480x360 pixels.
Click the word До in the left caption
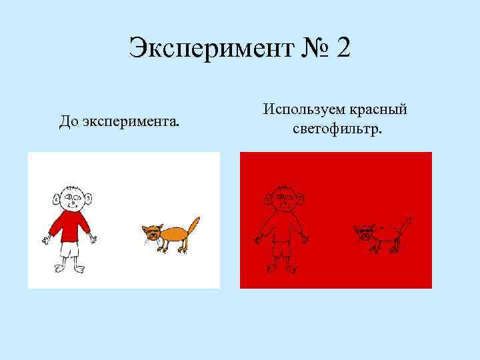[68, 122]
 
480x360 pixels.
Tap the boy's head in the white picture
[71, 197]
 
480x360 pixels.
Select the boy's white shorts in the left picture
[69, 249]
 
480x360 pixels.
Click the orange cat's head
[151, 233]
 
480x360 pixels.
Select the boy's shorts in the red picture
[281, 250]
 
